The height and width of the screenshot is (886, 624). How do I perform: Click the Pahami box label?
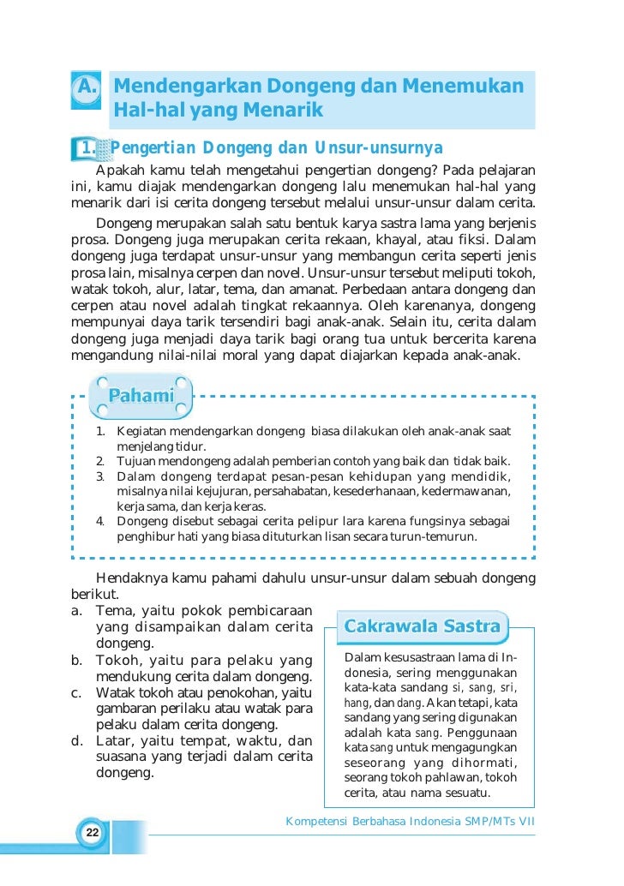[142, 396]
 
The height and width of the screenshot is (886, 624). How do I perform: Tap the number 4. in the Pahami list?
[100, 520]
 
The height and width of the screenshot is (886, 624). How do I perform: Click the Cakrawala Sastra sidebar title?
[422, 626]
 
